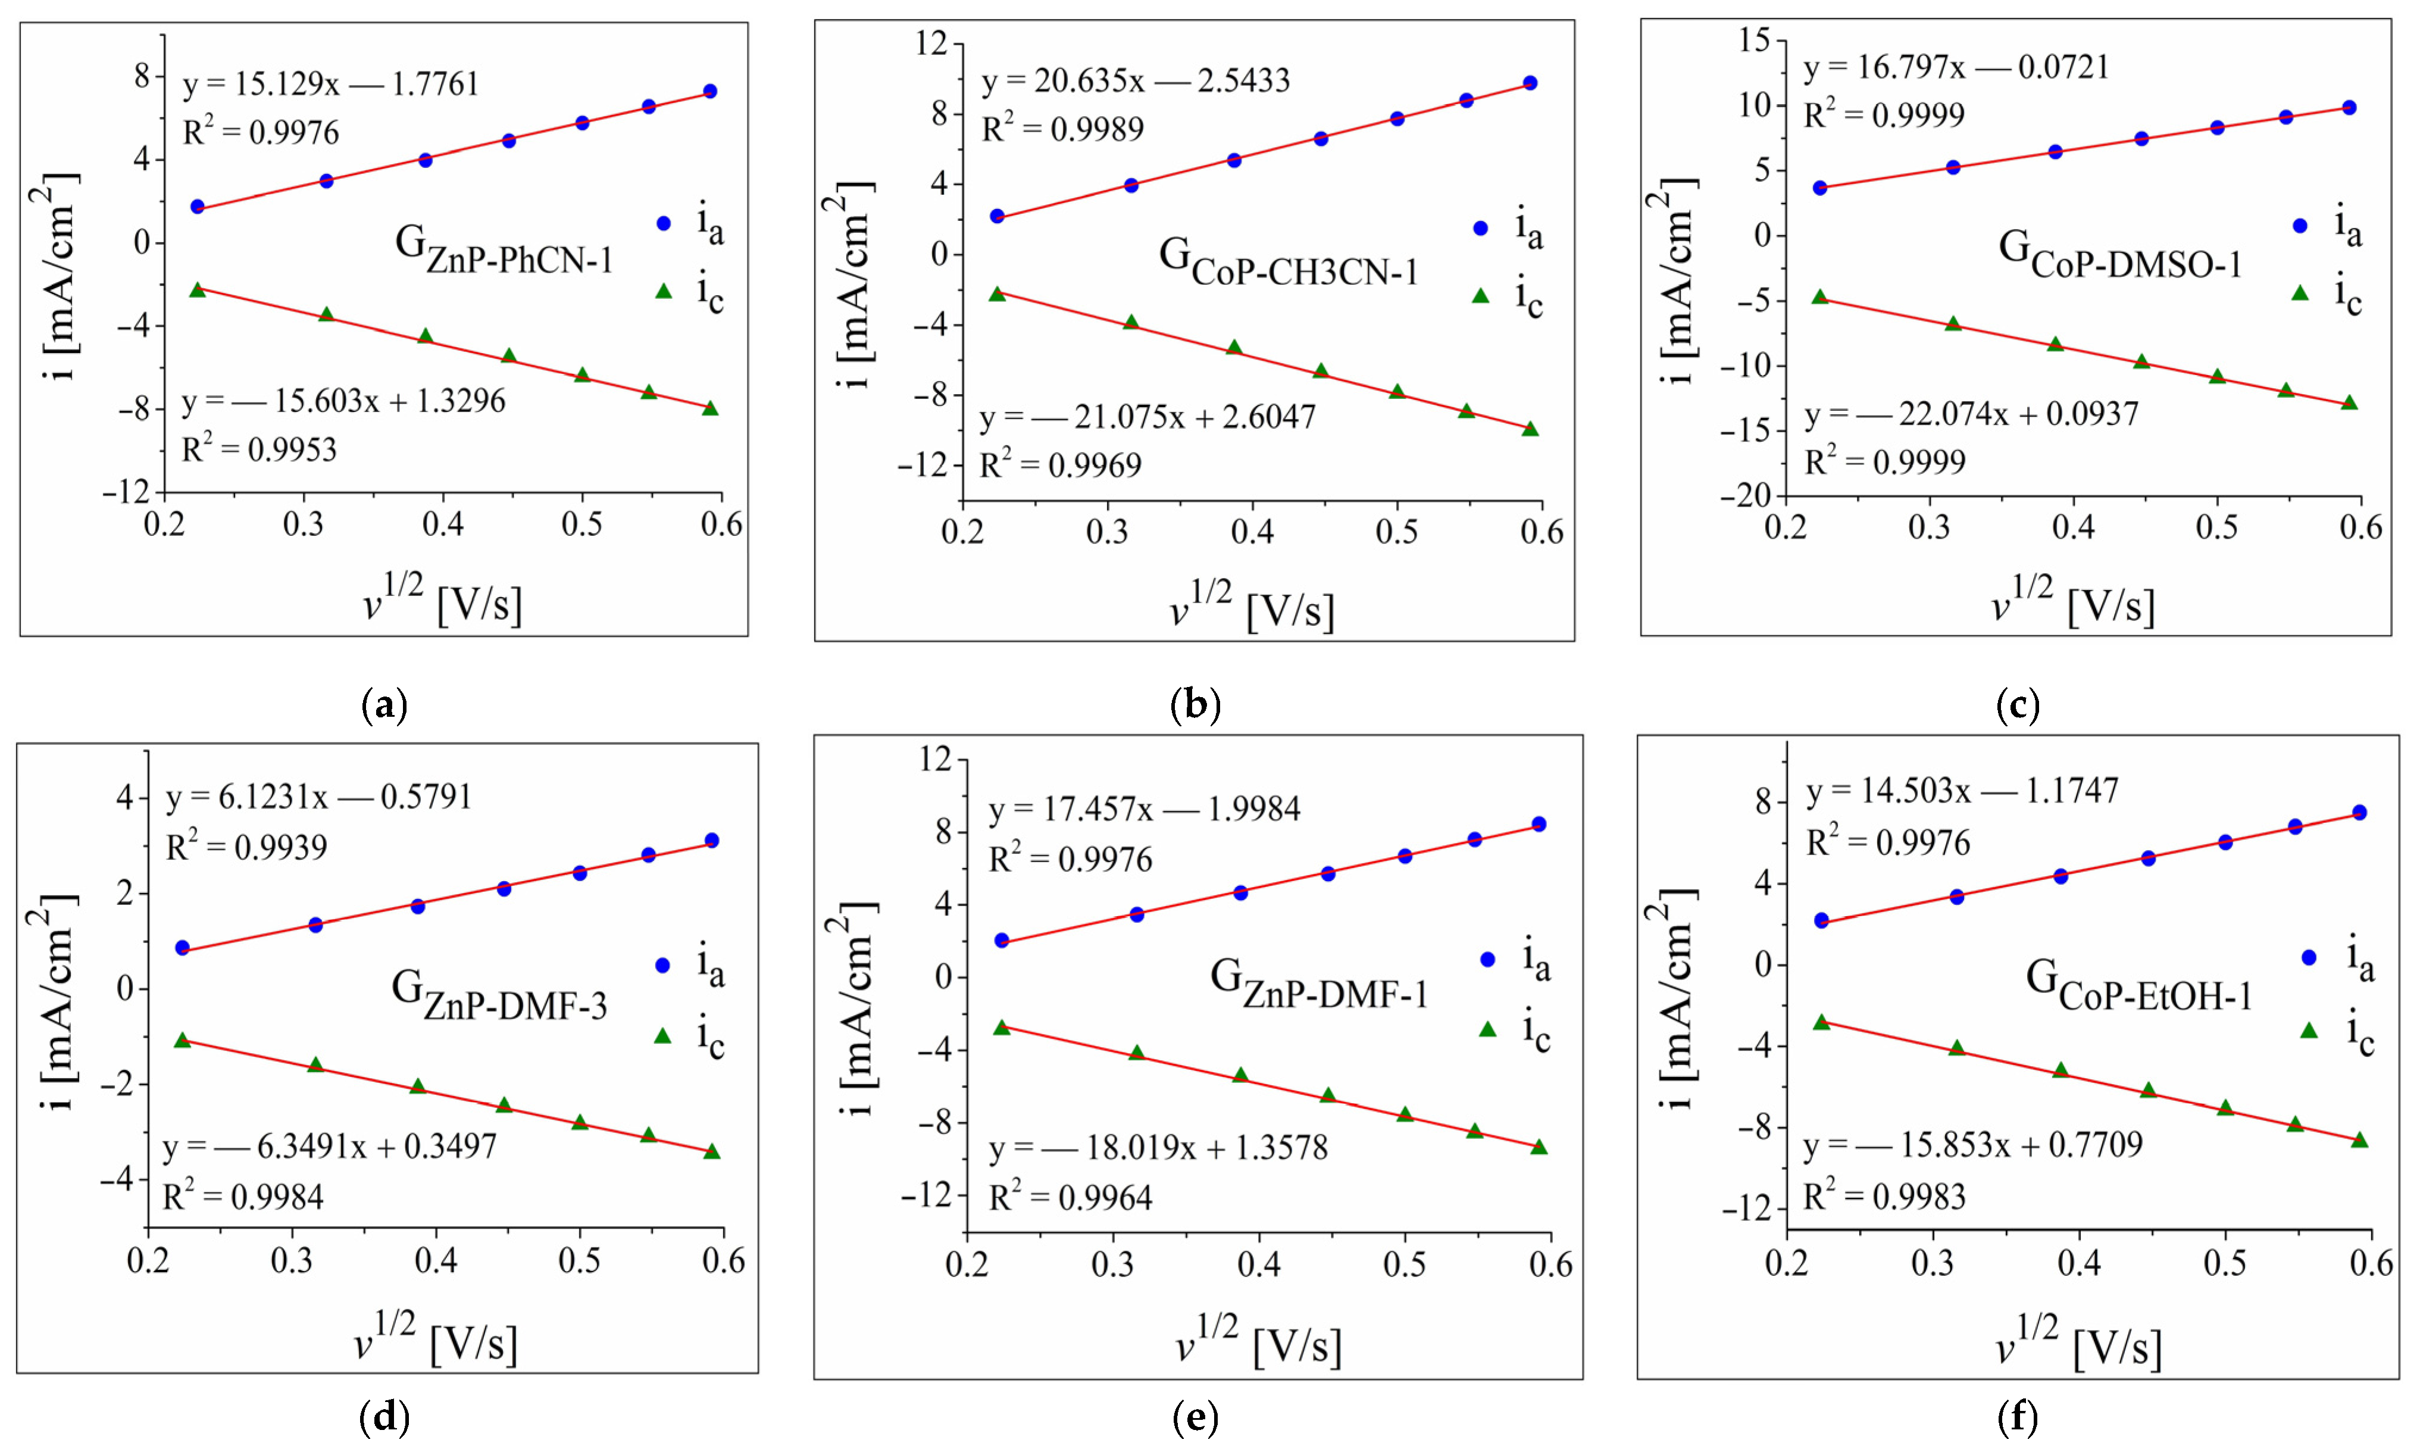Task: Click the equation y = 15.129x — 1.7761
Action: (330, 85)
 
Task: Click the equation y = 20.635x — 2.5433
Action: (1136, 81)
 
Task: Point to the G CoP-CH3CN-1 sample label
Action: (1288, 262)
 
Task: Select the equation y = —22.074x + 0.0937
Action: (1971, 414)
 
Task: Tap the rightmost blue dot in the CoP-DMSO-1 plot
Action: (2349, 108)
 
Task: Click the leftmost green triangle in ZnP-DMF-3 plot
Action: (182, 1040)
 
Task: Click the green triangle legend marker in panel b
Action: (1480, 295)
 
